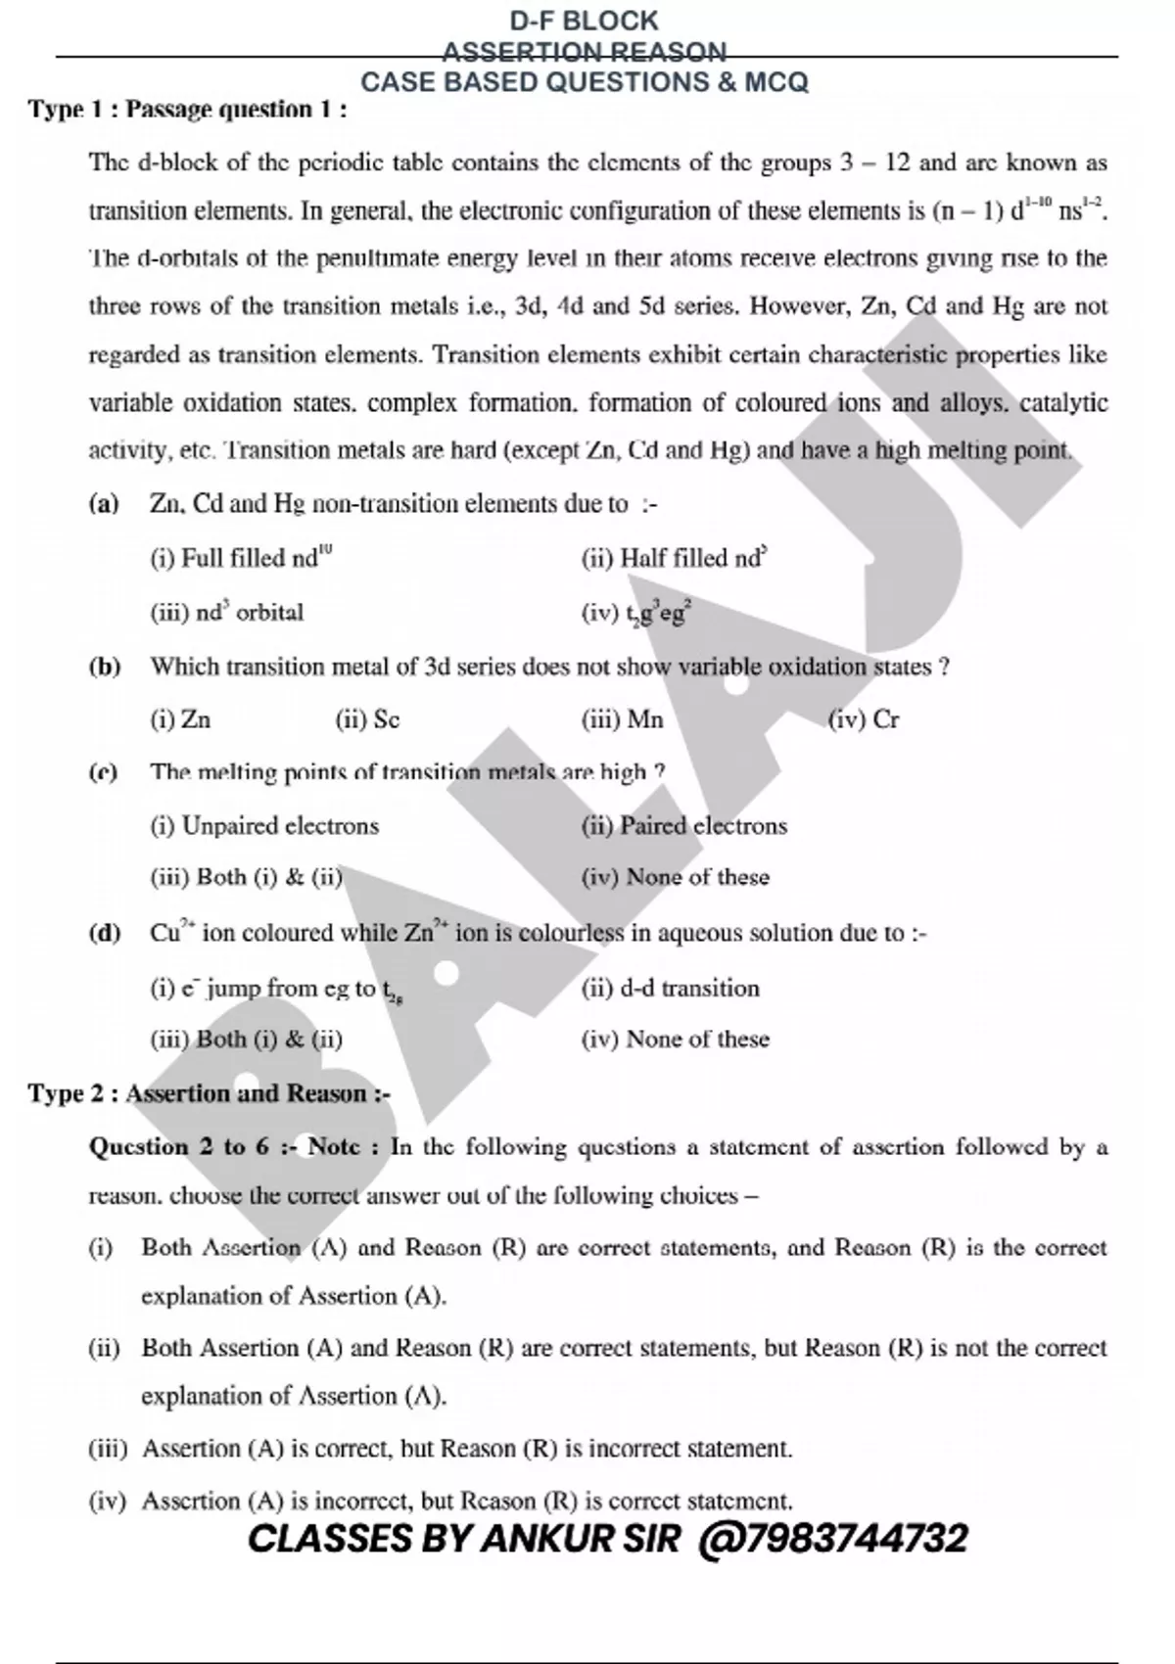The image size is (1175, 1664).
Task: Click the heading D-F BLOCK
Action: pyautogui.click(x=585, y=21)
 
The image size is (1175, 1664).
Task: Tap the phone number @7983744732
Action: pyautogui.click(x=833, y=1539)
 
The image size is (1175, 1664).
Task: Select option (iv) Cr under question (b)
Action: pyautogui.click(x=863, y=720)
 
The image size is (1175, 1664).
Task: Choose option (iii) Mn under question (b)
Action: pyautogui.click(x=622, y=720)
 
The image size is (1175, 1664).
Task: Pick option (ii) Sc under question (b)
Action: pyautogui.click(x=367, y=720)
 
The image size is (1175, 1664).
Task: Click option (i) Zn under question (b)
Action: pyautogui.click(x=180, y=720)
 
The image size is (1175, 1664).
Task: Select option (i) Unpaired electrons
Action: pyautogui.click(x=264, y=826)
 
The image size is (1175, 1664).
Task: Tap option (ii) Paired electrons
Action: pyautogui.click(x=683, y=826)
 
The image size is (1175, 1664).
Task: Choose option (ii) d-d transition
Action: pyautogui.click(x=670, y=989)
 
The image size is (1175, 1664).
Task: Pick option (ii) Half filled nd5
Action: pyautogui.click(x=674, y=559)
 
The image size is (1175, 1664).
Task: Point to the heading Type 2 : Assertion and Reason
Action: pyautogui.click(x=209, y=1093)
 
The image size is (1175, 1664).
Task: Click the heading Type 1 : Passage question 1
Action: pyautogui.click(x=187, y=109)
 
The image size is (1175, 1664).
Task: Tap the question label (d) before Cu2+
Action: pyautogui.click(x=104, y=933)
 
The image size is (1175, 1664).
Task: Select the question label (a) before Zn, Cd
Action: pyautogui.click(x=103, y=505)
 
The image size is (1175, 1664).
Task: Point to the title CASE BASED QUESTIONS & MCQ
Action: pyautogui.click(x=585, y=82)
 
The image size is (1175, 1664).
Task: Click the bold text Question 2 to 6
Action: pyautogui.click(x=178, y=1147)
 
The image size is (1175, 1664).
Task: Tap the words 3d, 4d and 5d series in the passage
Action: pyautogui.click(x=628, y=306)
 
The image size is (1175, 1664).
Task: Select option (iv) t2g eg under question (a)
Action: pyautogui.click(x=637, y=614)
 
